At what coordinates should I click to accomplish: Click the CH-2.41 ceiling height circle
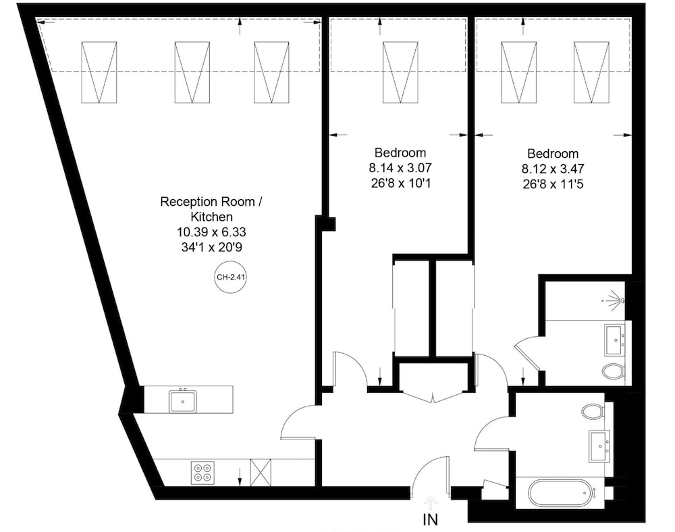(x=231, y=277)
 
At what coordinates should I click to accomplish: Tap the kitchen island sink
(x=183, y=400)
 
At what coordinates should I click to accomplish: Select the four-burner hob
(x=202, y=473)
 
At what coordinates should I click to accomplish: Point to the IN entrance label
(x=430, y=521)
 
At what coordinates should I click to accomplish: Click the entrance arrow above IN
(x=431, y=503)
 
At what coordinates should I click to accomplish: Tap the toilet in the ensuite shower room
(x=614, y=371)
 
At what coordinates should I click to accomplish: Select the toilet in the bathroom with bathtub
(x=593, y=411)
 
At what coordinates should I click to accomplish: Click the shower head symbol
(x=615, y=300)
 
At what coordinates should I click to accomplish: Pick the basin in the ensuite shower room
(x=615, y=340)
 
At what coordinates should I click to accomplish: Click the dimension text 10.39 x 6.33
(x=211, y=232)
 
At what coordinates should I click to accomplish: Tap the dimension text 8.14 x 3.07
(x=400, y=167)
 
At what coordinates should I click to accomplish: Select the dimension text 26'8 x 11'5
(x=553, y=184)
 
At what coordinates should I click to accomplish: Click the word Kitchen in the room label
(x=211, y=217)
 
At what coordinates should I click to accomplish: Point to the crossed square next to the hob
(x=261, y=472)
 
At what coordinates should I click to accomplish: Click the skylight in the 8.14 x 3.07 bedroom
(x=400, y=72)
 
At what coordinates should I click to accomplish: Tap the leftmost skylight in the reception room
(x=99, y=72)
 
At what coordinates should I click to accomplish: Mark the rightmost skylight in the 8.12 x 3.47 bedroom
(x=591, y=72)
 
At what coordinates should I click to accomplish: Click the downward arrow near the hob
(x=240, y=478)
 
